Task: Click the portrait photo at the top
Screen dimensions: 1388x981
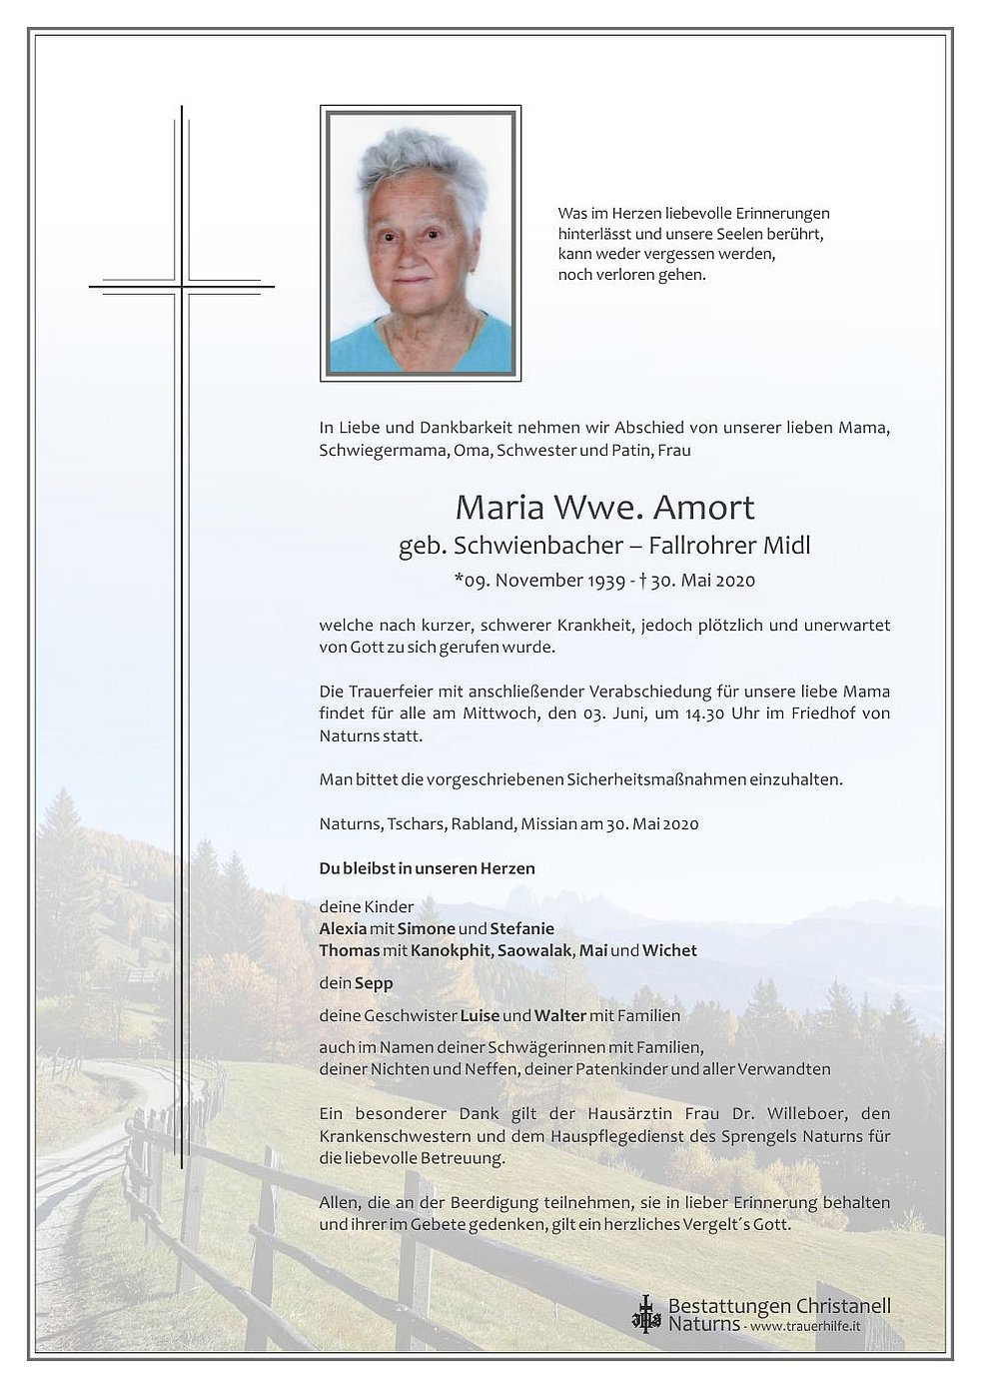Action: [420, 243]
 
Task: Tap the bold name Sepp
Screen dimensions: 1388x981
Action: [374, 982]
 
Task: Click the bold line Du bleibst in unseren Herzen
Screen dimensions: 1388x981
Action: [427, 868]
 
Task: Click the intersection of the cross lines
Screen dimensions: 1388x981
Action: [182, 287]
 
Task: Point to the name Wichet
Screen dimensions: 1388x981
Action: [669, 949]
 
